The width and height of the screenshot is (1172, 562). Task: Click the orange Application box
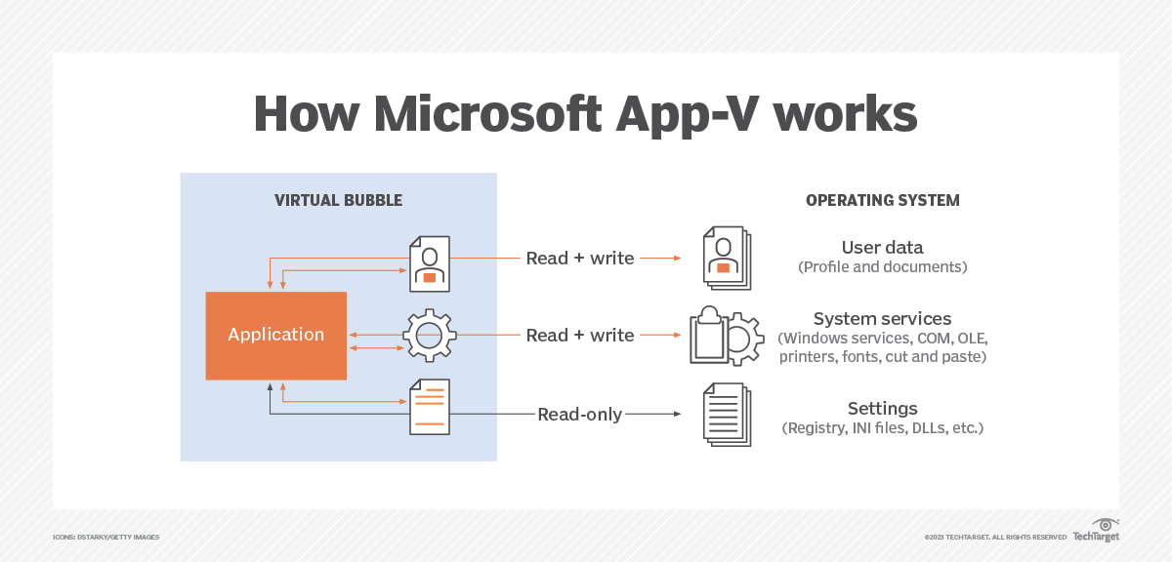[x=275, y=335]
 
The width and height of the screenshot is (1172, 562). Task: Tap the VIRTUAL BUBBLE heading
[x=338, y=201]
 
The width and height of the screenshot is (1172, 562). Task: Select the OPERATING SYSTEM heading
[x=882, y=201]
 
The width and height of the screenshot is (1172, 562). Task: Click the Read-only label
[x=579, y=414]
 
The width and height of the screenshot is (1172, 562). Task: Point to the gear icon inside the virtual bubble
[x=429, y=336]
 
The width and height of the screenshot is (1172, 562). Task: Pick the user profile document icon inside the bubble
[x=429, y=263]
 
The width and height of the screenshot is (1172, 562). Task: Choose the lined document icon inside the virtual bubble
[x=429, y=406]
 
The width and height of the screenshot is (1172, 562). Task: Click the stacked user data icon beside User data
[x=727, y=259]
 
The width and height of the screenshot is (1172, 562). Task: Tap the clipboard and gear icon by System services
[x=727, y=336]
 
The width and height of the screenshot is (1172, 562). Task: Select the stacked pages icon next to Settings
[x=728, y=414]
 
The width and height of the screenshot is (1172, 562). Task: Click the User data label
[x=882, y=247]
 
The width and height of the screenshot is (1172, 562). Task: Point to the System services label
[x=882, y=319]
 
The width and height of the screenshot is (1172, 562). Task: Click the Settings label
[x=882, y=408]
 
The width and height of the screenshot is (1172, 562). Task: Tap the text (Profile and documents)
[x=882, y=266]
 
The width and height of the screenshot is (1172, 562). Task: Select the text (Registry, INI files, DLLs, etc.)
[x=882, y=428]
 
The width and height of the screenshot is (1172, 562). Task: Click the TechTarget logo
[x=1096, y=532]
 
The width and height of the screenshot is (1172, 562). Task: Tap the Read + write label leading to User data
[x=579, y=259]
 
